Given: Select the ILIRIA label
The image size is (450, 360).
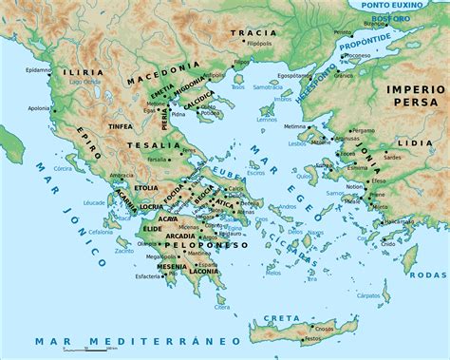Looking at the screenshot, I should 79,71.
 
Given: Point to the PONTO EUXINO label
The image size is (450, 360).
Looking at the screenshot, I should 400,7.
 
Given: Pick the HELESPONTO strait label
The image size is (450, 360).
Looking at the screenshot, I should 335,82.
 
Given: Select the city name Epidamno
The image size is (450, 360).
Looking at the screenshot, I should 37,69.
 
